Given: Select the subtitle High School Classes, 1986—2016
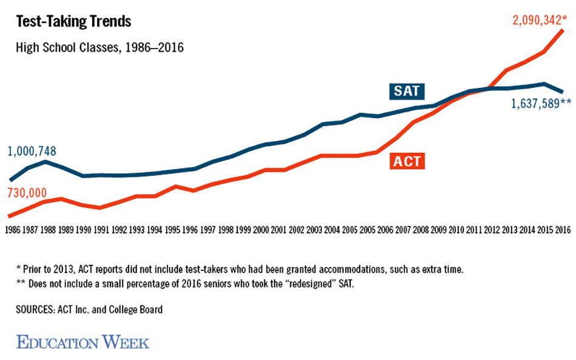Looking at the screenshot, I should [x=100, y=47].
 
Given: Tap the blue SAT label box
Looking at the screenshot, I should [x=406, y=92].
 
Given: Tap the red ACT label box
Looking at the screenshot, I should [x=406, y=162].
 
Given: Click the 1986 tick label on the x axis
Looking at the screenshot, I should [x=14, y=230].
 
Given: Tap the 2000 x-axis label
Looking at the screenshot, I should [x=261, y=230].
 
